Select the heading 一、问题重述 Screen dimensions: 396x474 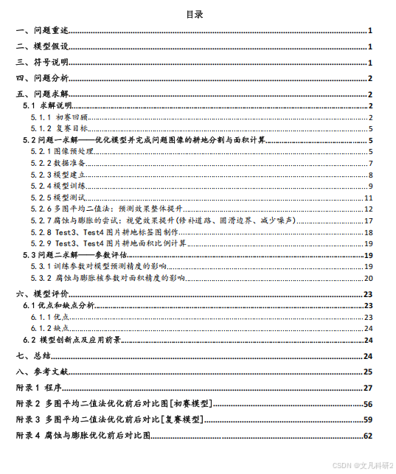click(x=43, y=31)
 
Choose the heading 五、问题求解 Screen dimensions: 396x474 click(x=43, y=94)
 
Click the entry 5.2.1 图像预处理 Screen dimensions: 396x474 click(x=63, y=151)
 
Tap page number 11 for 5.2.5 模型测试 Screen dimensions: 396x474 click(x=368, y=198)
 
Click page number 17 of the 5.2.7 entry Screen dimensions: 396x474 click(x=368, y=220)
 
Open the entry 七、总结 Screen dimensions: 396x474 click(x=34, y=355)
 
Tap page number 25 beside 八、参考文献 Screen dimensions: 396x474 click(x=367, y=372)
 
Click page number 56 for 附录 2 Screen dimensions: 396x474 click(x=367, y=404)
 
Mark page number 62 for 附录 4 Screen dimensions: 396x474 click(x=367, y=436)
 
